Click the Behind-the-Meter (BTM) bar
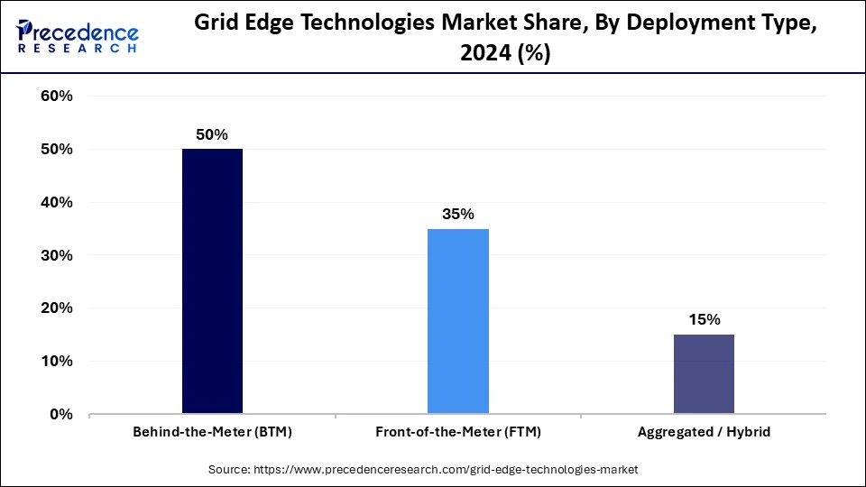(x=212, y=281)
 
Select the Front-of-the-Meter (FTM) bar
(x=457, y=321)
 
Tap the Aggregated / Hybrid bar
(x=704, y=374)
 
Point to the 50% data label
(x=212, y=134)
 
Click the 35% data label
(x=457, y=214)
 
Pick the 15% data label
(x=704, y=319)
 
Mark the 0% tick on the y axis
(x=60, y=415)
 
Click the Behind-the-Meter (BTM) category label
(x=212, y=432)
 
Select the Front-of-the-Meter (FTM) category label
(x=457, y=432)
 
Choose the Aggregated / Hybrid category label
(x=704, y=432)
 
